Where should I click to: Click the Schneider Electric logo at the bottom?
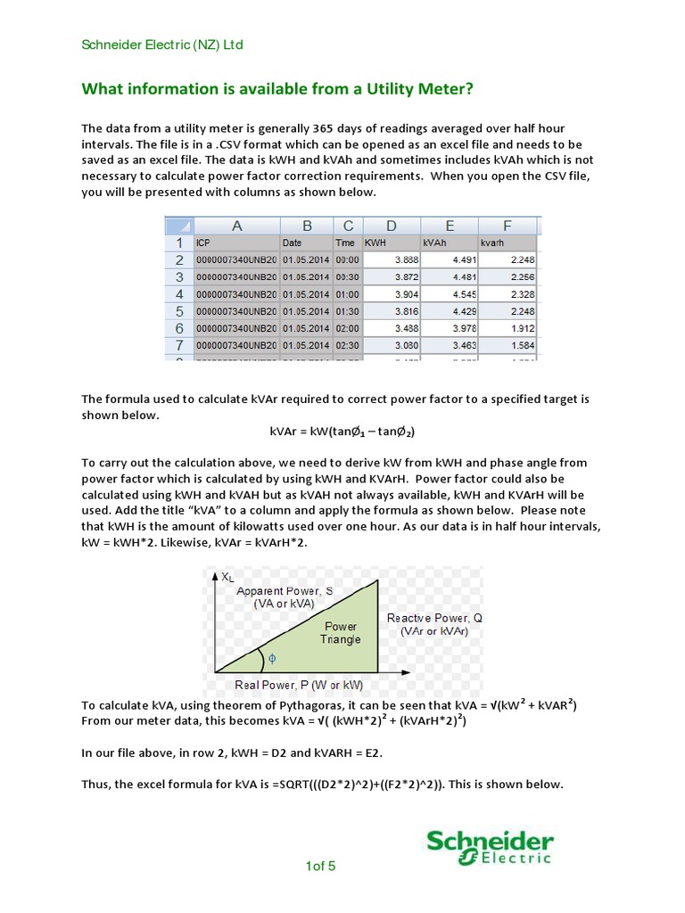(490, 848)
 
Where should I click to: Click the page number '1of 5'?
(320, 866)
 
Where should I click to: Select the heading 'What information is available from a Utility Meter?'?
(277, 89)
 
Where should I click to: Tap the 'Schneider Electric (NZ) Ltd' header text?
(162, 45)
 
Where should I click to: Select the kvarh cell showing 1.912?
(508, 327)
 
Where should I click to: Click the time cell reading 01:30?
(347, 310)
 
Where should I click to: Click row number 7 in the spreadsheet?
(178, 344)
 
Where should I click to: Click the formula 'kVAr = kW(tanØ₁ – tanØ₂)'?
(342, 432)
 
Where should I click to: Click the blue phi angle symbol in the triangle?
(272, 658)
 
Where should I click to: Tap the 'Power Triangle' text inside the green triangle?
(341, 632)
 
